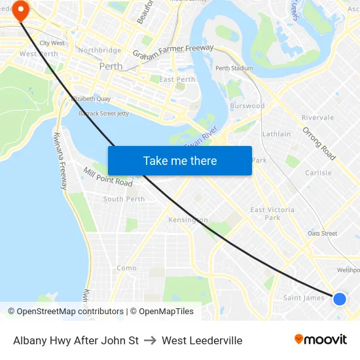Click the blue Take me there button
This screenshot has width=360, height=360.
(x=179, y=160)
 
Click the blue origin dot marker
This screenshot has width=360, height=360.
(x=339, y=298)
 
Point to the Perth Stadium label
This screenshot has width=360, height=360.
(x=234, y=68)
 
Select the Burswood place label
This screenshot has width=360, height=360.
(x=247, y=105)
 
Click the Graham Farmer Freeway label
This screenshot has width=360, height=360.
(x=173, y=52)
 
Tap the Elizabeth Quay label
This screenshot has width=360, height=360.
(x=90, y=99)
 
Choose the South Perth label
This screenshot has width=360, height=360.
(x=124, y=199)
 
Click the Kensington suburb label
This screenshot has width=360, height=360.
(x=188, y=220)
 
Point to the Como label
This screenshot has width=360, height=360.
(x=126, y=268)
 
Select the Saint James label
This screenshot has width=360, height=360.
(x=304, y=298)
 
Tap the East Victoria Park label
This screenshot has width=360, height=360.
(x=272, y=213)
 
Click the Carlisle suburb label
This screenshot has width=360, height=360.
(x=318, y=173)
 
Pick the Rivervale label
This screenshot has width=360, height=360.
(x=317, y=118)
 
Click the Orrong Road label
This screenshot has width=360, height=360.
(x=319, y=143)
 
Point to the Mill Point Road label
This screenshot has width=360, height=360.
(x=108, y=177)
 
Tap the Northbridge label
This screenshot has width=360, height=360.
(x=99, y=50)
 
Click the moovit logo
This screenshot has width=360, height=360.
(x=321, y=340)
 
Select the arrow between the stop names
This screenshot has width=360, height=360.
(x=150, y=340)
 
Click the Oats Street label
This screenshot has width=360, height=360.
(x=322, y=233)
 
